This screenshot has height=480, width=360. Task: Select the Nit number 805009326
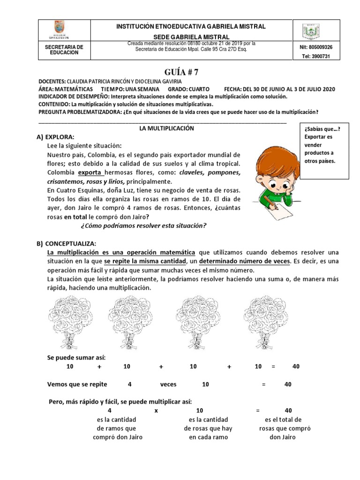(x=315, y=47)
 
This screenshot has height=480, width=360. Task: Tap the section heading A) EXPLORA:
(x=55, y=136)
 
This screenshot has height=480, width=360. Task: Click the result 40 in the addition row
(x=296, y=367)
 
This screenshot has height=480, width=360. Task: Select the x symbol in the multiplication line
(x=156, y=410)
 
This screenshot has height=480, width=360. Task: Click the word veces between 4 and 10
(x=168, y=384)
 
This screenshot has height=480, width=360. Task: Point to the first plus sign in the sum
(x=99, y=367)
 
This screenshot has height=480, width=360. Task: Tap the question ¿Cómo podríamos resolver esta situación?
(x=143, y=226)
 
